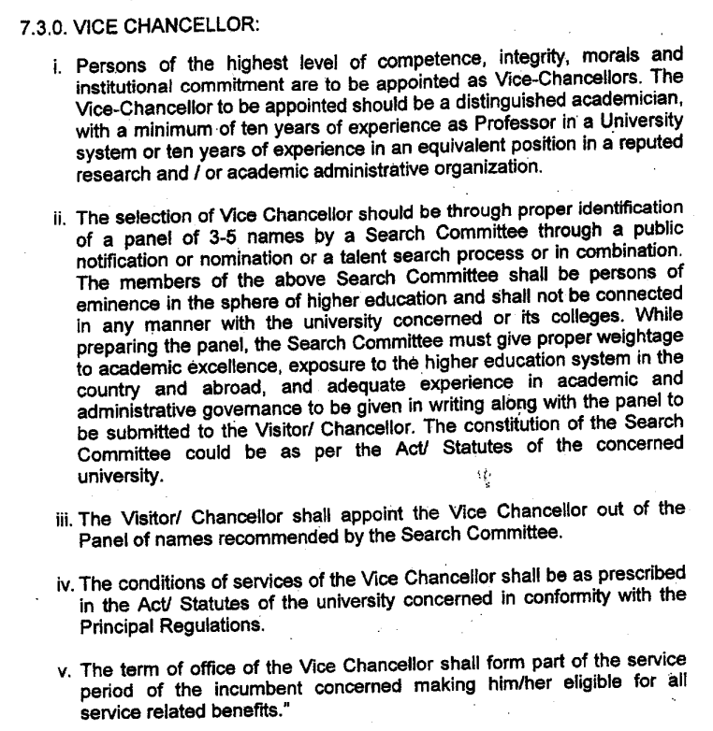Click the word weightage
(629, 340)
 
